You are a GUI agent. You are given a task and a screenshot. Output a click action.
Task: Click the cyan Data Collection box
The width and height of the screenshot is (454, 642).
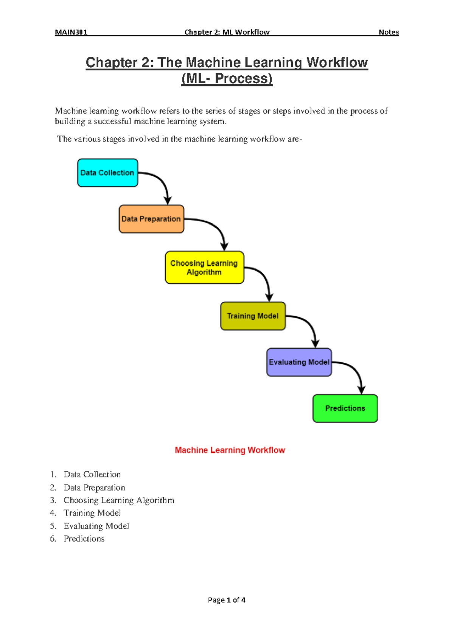[107, 173]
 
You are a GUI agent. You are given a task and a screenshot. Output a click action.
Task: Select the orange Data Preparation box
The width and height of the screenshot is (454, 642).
[151, 219]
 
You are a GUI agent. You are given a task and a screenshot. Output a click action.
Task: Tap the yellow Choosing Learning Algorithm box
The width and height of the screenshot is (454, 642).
[204, 267]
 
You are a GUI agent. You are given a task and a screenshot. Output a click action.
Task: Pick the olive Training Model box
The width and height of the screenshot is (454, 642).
[253, 316]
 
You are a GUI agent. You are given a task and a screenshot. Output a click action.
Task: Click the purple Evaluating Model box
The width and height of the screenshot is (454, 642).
[299, 362]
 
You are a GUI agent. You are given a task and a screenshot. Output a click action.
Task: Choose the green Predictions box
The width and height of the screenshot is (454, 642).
[345, 408]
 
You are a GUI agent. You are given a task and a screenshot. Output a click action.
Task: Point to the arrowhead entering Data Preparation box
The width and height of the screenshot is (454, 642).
[168, 201]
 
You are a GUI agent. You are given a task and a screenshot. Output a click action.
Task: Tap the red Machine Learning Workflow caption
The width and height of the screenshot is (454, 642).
[230, 450]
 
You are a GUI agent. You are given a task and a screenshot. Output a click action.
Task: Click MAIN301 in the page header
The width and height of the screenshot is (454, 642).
[71, 32]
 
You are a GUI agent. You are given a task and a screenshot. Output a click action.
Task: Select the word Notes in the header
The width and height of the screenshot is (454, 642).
[389, 32]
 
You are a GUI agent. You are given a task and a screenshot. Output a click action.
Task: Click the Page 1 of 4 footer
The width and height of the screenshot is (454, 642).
[227, 600]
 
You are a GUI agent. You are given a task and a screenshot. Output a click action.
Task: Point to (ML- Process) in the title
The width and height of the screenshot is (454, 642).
[227, 78]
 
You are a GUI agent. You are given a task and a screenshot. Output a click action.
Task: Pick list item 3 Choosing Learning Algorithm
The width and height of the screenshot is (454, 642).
[119, 500]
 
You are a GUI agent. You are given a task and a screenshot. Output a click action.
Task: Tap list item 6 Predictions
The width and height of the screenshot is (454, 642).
[84, 539]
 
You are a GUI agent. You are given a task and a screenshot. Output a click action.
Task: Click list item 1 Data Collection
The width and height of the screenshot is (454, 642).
[92, 474]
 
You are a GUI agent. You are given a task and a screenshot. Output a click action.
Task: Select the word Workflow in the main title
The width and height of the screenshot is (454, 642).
[337, 62]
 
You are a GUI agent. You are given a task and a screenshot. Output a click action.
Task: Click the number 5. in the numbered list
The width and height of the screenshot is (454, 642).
[53, 526]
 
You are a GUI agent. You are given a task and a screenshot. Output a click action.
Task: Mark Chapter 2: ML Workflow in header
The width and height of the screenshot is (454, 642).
[227, 32]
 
